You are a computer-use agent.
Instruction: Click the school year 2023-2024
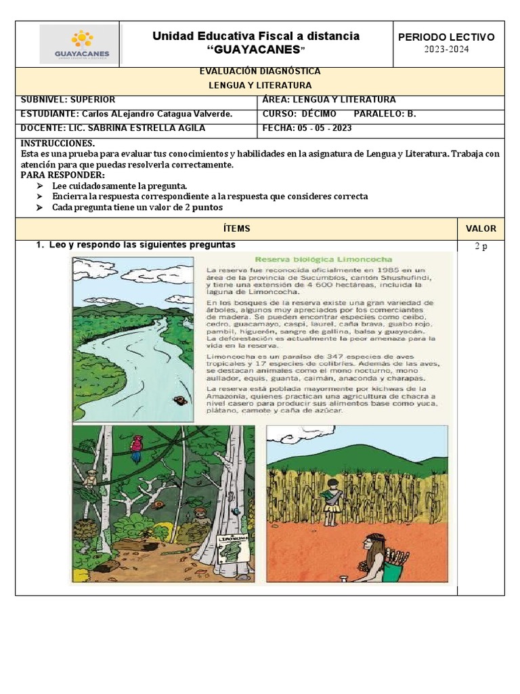(446, 49)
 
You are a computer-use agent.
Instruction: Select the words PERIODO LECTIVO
(446, 37)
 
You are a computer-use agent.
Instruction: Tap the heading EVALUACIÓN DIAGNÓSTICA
(260, 71)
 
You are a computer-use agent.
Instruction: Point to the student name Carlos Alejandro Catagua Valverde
(156, 114)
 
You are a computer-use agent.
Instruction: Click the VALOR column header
(481, 228)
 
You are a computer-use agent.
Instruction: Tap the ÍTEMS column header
(236, 228)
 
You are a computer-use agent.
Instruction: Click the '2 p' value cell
(481, 247)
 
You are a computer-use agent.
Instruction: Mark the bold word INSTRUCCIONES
(58, 144)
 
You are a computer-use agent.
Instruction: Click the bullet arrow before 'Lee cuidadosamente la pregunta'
(40, 186)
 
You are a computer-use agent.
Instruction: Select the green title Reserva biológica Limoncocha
(311, 259)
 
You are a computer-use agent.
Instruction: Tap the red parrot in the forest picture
(138, 445)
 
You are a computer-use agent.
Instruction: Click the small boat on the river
(179, 400)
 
